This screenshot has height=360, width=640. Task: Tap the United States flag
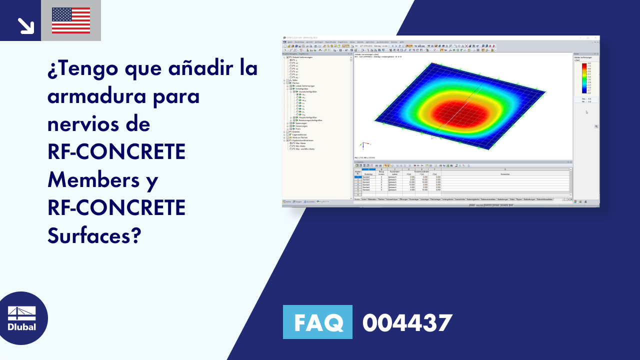point(71,20)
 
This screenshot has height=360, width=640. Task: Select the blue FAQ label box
point(317,322)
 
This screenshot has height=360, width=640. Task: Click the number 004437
point(407,322)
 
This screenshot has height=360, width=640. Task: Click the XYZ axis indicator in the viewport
point(362,145)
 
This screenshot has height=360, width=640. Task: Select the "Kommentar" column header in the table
point(505,173)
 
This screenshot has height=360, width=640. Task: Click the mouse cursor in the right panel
point(587,112)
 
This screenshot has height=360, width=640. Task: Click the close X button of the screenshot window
point(596,37)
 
